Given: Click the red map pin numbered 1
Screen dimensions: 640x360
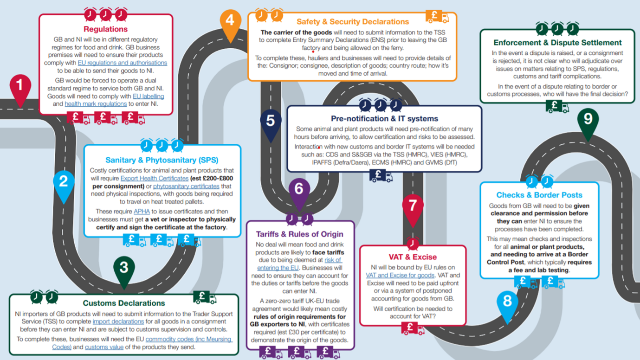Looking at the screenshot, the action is coord(20,89).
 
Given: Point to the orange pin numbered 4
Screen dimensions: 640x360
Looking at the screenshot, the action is coord(230,23).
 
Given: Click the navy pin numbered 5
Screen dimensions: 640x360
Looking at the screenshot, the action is coord(271,123).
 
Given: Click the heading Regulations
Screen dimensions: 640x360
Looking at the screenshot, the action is coord(105,29).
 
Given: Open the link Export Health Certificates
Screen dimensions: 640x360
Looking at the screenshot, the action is coord(154,179).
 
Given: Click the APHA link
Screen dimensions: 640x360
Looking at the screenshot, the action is coord(142,212).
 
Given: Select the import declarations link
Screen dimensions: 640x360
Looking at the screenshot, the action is coord(118,321).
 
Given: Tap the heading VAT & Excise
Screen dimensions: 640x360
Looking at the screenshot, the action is coord(413,257).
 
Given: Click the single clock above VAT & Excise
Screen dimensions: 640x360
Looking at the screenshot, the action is coord(413,243).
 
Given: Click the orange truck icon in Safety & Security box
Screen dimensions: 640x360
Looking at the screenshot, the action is coord(437,16).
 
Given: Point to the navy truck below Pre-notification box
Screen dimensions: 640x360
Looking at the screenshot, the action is coord(381,175).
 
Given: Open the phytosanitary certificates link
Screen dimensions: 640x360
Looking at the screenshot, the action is coord(186,186).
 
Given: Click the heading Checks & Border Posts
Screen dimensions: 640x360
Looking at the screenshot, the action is coord(539,195).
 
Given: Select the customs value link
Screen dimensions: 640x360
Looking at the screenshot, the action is coord(104,347).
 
